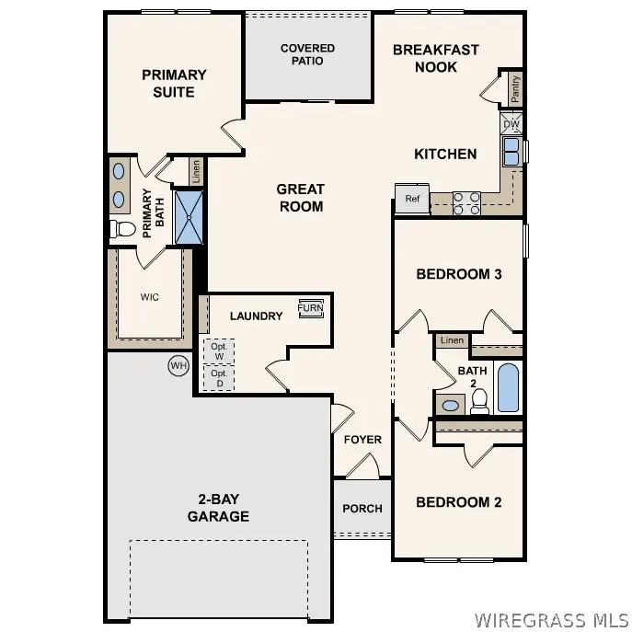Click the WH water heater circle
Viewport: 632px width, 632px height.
click(178, 366)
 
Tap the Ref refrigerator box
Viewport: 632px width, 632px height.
click(412, 199)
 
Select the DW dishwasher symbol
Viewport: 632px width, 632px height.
click(511, 124)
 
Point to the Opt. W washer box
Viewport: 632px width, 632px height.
click(219, 351)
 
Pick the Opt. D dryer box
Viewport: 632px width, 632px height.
click(219, 378)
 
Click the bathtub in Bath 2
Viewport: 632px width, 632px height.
click(508, 387)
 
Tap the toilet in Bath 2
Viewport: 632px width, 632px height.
click(478, 400)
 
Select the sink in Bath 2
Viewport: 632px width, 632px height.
click(451, 404)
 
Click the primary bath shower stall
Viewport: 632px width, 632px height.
click(190, 216)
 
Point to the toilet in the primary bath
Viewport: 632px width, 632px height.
click(121, 228)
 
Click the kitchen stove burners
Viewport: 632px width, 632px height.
click(466, 201)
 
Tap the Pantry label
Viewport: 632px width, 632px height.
click(515, 89)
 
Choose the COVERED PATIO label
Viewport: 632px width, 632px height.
click(307, 54)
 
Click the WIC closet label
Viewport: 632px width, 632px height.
click(150, 297)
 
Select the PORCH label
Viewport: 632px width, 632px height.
click(362, 509)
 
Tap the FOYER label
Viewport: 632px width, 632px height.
click(362, 440)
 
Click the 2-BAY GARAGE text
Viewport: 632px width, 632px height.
click(218, 508)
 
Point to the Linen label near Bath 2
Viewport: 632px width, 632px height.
click(451, 341)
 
